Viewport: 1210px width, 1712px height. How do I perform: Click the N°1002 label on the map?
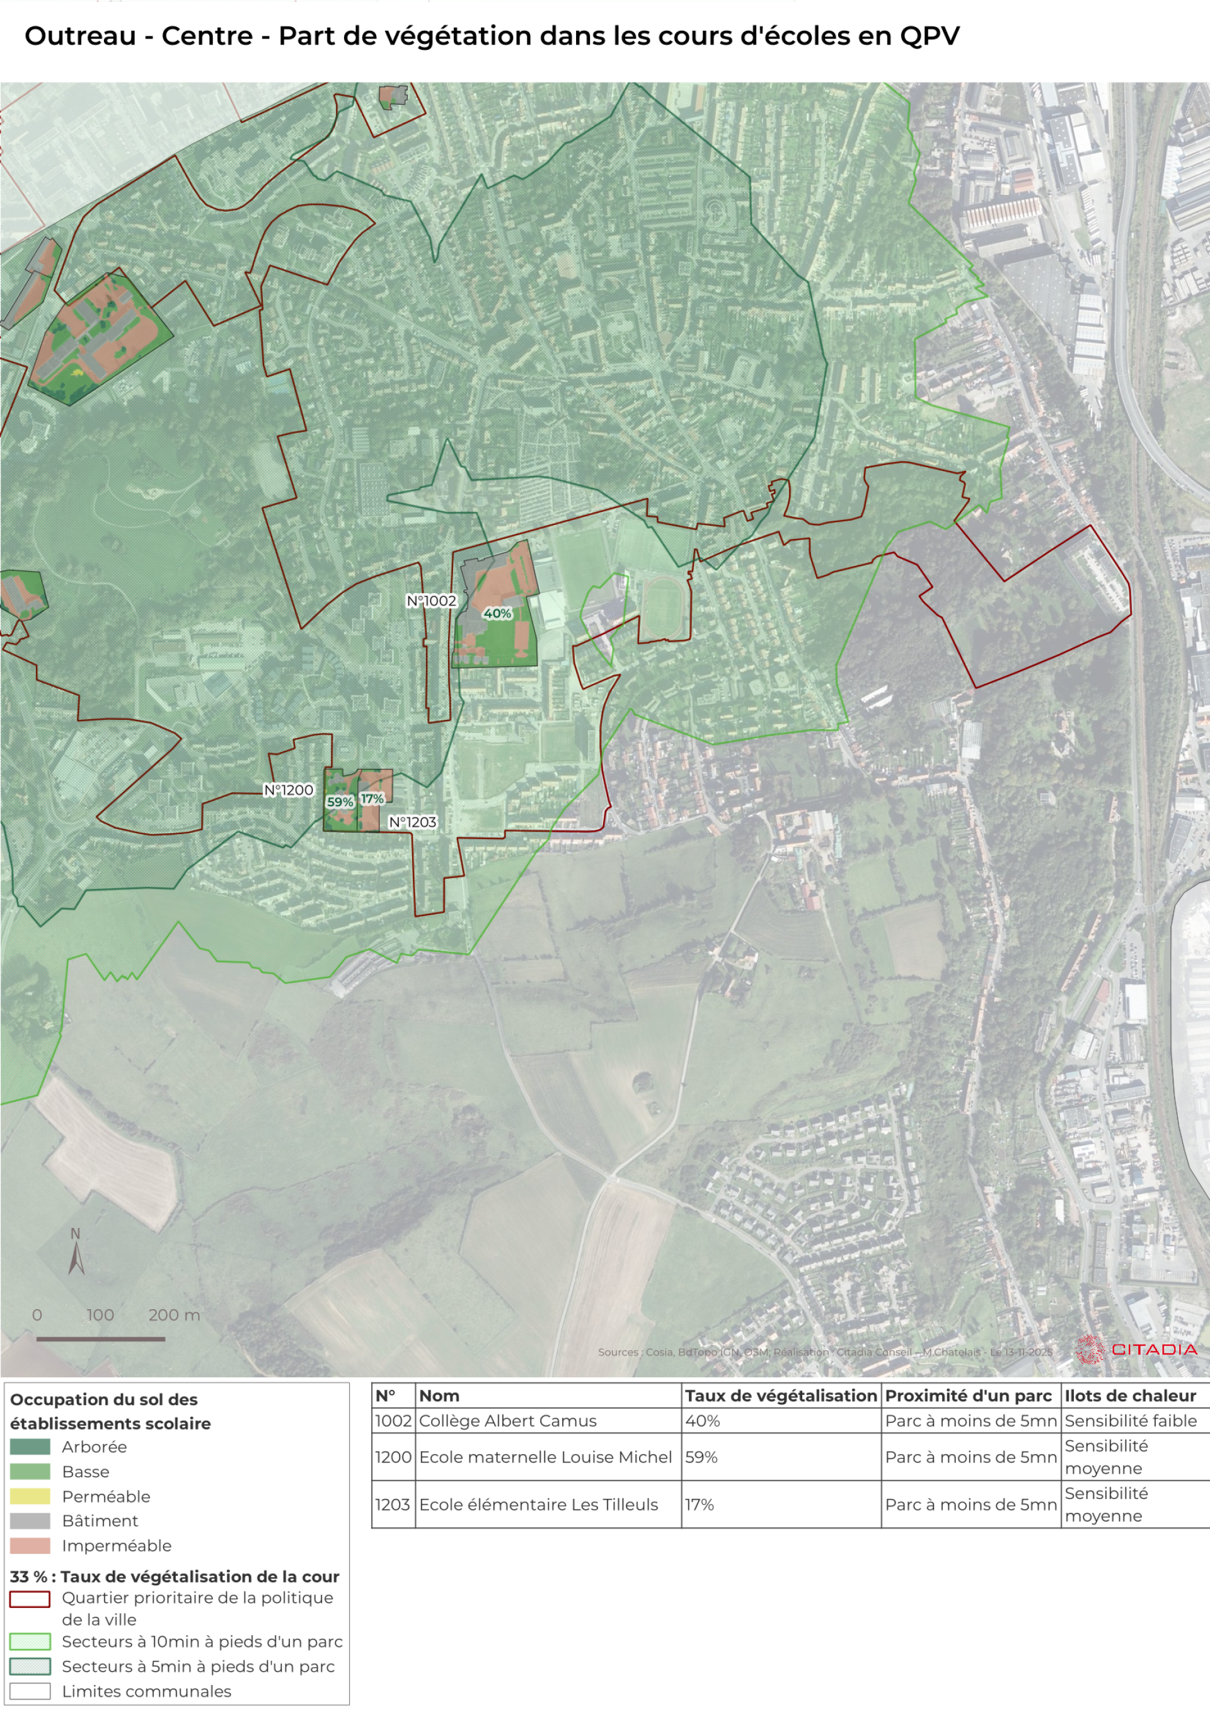coord(431,600)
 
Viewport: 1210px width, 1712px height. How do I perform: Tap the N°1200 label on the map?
coord(289,790)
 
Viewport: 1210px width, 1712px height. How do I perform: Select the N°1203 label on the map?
coord(412,822)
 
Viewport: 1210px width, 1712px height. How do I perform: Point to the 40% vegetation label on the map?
coord(497,614)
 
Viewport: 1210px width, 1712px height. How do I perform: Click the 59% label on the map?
coord(340,802)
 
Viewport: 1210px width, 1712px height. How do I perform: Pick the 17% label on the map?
coord(372,799)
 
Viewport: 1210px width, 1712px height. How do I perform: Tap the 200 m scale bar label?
coord(174,1315)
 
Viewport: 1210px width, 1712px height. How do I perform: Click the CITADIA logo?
coord(1136,1350)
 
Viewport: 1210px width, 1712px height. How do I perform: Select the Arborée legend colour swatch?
coord(30,1447)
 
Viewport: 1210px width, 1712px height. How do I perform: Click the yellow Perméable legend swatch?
coord(30,1496)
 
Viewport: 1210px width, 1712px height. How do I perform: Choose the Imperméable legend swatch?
coord(30,1545)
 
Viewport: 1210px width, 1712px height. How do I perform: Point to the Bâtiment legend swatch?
coord(30,1520)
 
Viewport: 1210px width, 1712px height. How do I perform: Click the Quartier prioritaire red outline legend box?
coord(30,1599)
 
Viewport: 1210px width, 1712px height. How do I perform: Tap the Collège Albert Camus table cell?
coord(508,1420)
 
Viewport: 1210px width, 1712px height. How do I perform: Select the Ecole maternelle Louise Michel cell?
coord(545,1457)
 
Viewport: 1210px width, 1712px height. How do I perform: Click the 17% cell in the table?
coord(700,1505)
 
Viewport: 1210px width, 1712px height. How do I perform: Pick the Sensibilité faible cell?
coord(1130,1420)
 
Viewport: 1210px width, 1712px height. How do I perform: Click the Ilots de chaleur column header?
coord(1129,1396)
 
